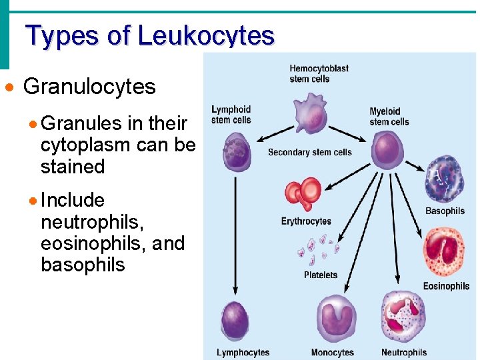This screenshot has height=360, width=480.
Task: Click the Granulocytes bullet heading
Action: point(89,87)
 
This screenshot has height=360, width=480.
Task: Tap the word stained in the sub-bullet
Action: point(73,166)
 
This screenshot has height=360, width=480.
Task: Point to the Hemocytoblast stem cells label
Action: point(319,73)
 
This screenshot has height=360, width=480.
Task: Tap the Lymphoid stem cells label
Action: point(231,115)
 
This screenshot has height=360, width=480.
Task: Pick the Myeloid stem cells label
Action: point(389,117)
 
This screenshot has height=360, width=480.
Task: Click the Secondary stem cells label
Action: point(309,153)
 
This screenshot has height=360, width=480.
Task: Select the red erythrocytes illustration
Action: point(303,193)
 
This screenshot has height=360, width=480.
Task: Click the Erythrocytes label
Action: point(306,221)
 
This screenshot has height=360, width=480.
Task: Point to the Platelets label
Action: point(321,275)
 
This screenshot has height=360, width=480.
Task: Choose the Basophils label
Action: point(445,211)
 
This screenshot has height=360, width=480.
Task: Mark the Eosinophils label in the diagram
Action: point(446,286)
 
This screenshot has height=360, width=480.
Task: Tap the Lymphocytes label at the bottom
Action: point(243,352)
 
